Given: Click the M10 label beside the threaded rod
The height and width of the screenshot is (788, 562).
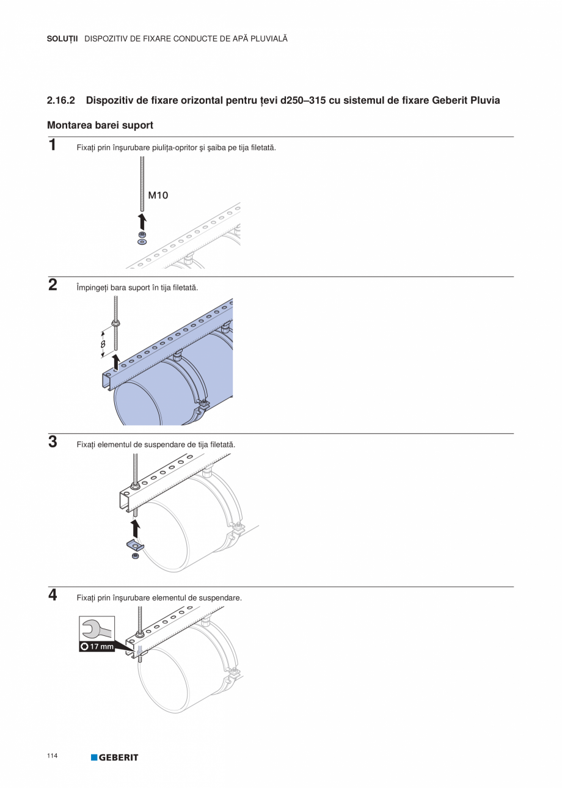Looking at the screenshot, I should [158, 195].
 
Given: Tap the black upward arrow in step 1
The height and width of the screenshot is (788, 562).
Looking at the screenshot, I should [142, 221].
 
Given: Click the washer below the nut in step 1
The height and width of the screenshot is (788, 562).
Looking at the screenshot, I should [142, 242].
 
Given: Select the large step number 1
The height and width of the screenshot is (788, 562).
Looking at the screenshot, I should [53, 145].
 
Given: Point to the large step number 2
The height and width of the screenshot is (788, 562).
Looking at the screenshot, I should [53, 285].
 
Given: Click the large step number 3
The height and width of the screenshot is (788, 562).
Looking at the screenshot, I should [53, 442].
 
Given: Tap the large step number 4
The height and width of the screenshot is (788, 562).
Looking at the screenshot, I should [53, 595].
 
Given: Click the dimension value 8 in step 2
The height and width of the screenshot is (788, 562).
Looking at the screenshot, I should [103, 344].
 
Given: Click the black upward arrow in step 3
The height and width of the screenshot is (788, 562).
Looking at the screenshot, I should [135, 528].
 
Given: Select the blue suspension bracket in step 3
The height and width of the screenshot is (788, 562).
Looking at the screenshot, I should [135, 545].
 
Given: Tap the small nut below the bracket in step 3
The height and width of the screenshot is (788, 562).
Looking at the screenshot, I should [135, 556].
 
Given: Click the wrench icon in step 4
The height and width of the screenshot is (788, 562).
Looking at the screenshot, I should [97, 629].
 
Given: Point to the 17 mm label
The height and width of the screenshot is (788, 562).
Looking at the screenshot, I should [97, 646].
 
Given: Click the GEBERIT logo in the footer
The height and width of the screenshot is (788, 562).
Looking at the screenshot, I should [115, 757].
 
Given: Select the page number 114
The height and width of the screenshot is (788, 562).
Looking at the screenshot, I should [52, 756].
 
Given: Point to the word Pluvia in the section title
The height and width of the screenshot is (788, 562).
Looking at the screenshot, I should [485, 100].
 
